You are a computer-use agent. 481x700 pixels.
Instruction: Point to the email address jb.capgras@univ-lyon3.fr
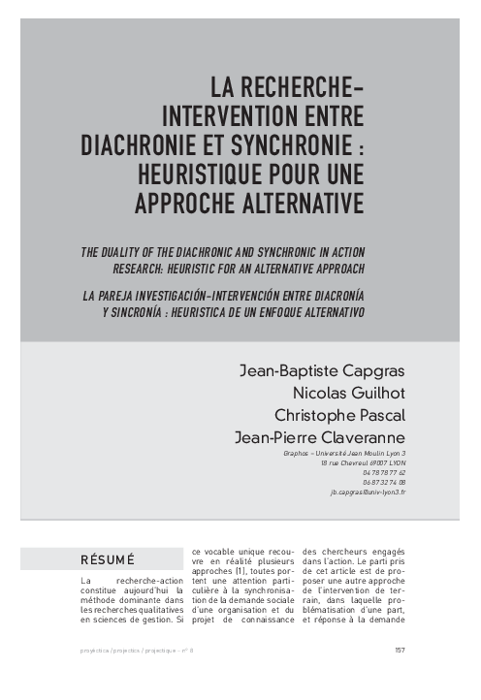[x=368, y=493]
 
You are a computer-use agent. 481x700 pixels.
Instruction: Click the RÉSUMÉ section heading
[x=110, y=559]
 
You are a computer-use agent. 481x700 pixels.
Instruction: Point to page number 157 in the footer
[x=400, y=651]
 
